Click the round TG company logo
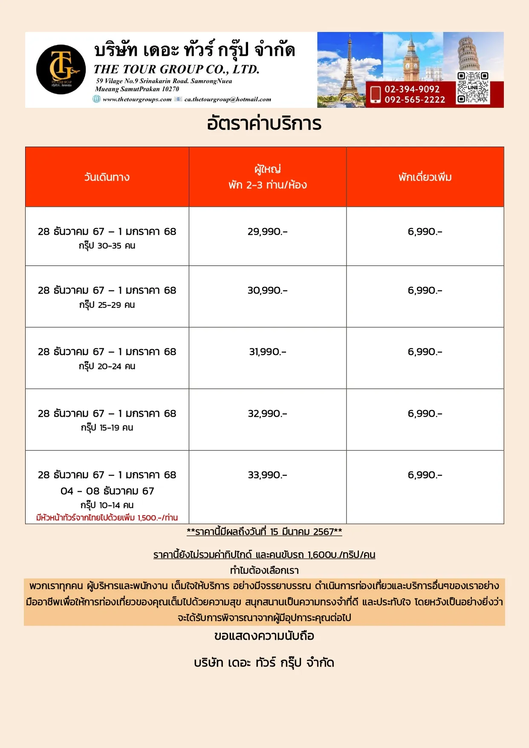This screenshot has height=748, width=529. coord(61,69)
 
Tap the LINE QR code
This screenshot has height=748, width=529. coord(473,88)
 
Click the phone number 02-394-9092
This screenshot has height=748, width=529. coord(412,89)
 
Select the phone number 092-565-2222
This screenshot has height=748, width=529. coord(414,100)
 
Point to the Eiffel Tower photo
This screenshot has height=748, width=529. coord(349,68)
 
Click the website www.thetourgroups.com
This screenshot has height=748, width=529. coord(137,99)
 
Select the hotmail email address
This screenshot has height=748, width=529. coord(228,99)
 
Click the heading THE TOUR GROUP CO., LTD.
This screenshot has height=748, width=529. coord(176,69)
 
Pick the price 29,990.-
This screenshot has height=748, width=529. coord(267,231)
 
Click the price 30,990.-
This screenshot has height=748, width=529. coord(267,290)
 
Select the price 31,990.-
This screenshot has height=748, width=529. coord(267,352)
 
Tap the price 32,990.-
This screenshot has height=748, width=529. coord(267,413)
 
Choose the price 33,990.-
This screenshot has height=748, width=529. coord(267,475)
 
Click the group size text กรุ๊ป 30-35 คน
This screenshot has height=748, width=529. coord(107,245)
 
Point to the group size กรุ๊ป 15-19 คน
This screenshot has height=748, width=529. coord(107,427)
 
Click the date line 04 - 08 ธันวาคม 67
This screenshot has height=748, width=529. coord(107,491)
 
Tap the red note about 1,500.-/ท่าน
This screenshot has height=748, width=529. coord(107,518)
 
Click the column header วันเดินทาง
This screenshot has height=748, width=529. coord(107,177)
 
